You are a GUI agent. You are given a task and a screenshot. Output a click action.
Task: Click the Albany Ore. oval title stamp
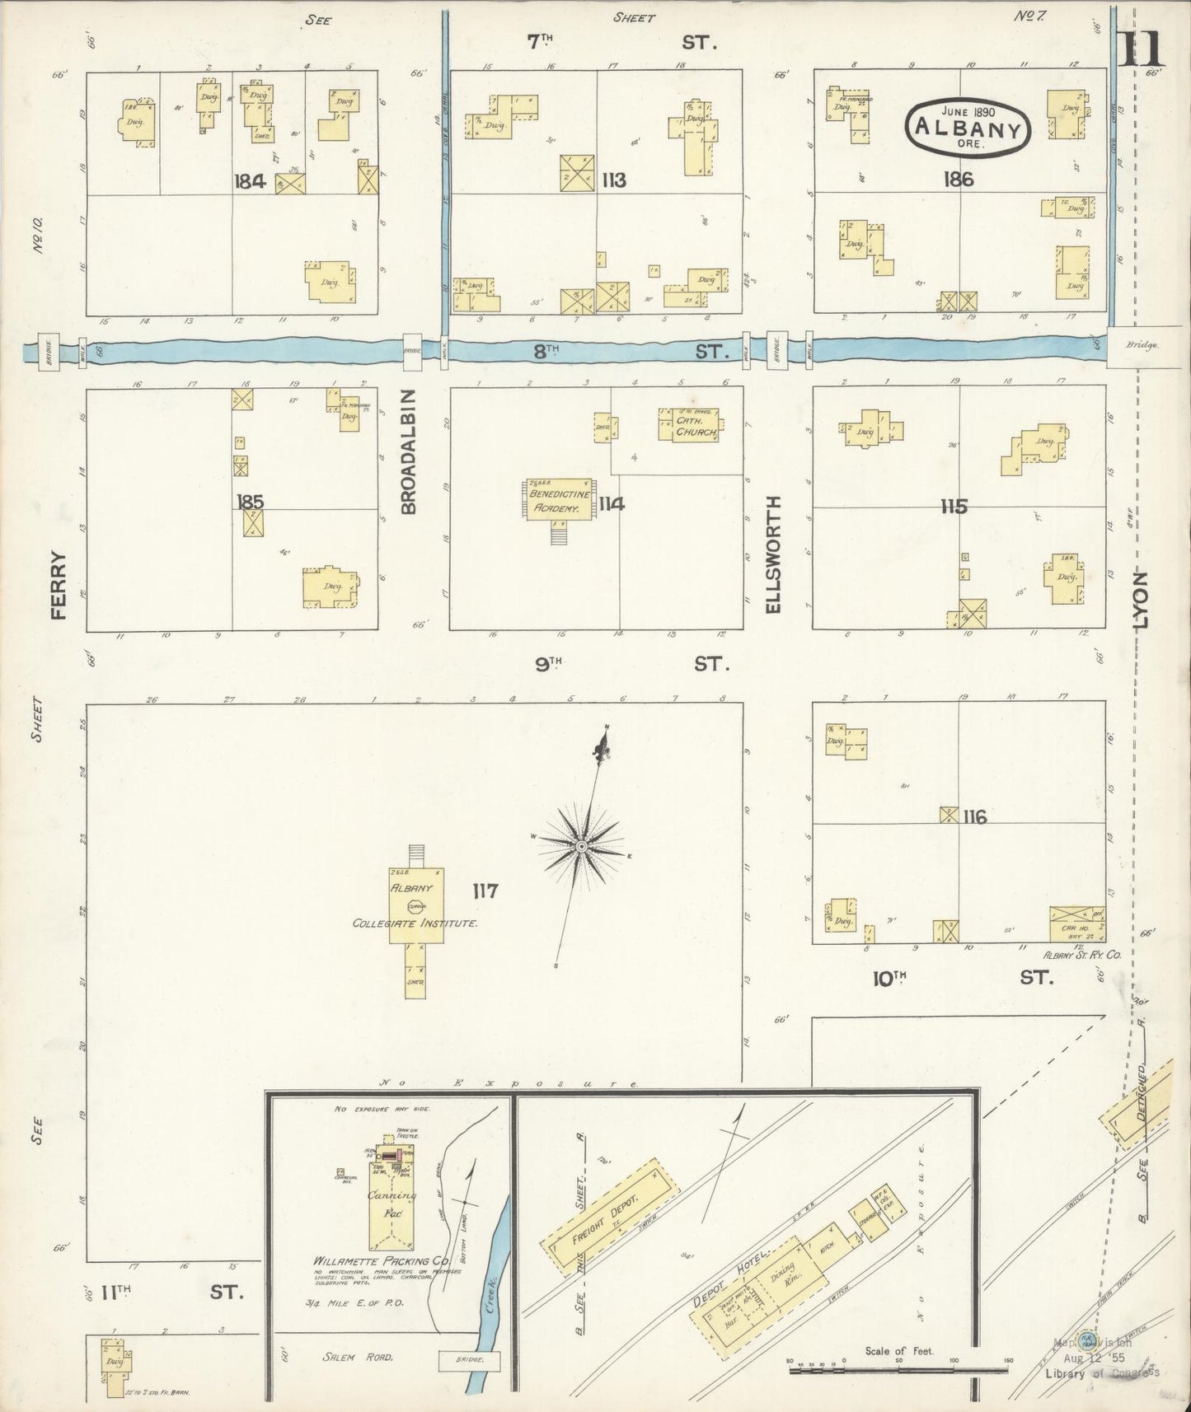(968, 129)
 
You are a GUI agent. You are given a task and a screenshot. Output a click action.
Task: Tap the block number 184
(249, 181)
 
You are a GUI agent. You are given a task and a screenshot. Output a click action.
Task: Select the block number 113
(613, 180)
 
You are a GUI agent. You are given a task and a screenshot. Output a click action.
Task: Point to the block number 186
(960, 179)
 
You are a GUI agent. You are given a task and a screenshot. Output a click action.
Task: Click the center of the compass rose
(581, 847)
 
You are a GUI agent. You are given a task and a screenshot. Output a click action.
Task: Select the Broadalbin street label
(410, 453)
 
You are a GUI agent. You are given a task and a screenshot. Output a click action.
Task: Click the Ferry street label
(59, 584)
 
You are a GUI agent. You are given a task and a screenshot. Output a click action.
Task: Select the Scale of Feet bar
(898, 1371)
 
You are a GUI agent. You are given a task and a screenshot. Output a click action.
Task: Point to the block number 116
(974, 817)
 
